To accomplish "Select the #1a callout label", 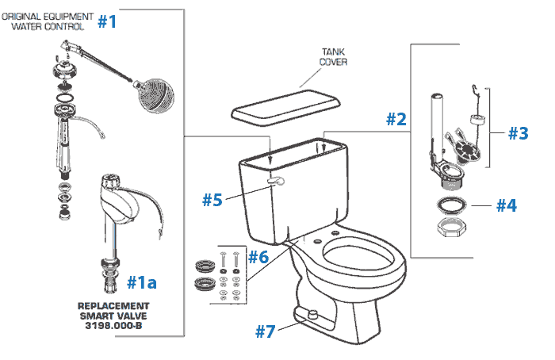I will point(146,281).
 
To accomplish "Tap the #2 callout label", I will point(396,120).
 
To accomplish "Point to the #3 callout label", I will point(517,133).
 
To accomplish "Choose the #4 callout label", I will point(211,199).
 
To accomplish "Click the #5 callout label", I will point(262,256).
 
